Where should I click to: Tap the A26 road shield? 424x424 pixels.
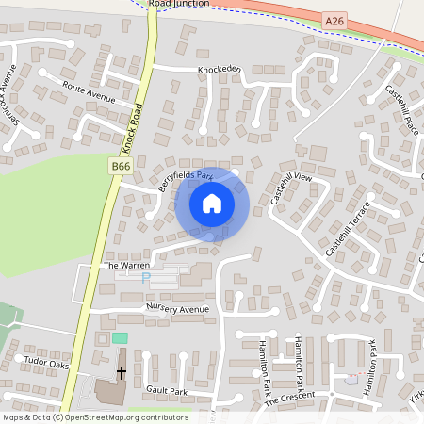click(334, 20)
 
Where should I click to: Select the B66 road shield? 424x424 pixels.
click(120, 166)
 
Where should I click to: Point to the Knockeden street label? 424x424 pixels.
click(220, 70)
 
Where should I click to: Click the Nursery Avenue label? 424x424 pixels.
click(176, 308)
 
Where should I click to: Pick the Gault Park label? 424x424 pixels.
click(166, 390)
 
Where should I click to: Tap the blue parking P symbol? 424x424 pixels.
click(145, 278)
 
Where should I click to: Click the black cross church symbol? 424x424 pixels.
click(121, 373)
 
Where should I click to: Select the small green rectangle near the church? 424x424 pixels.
click(120, 337)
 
